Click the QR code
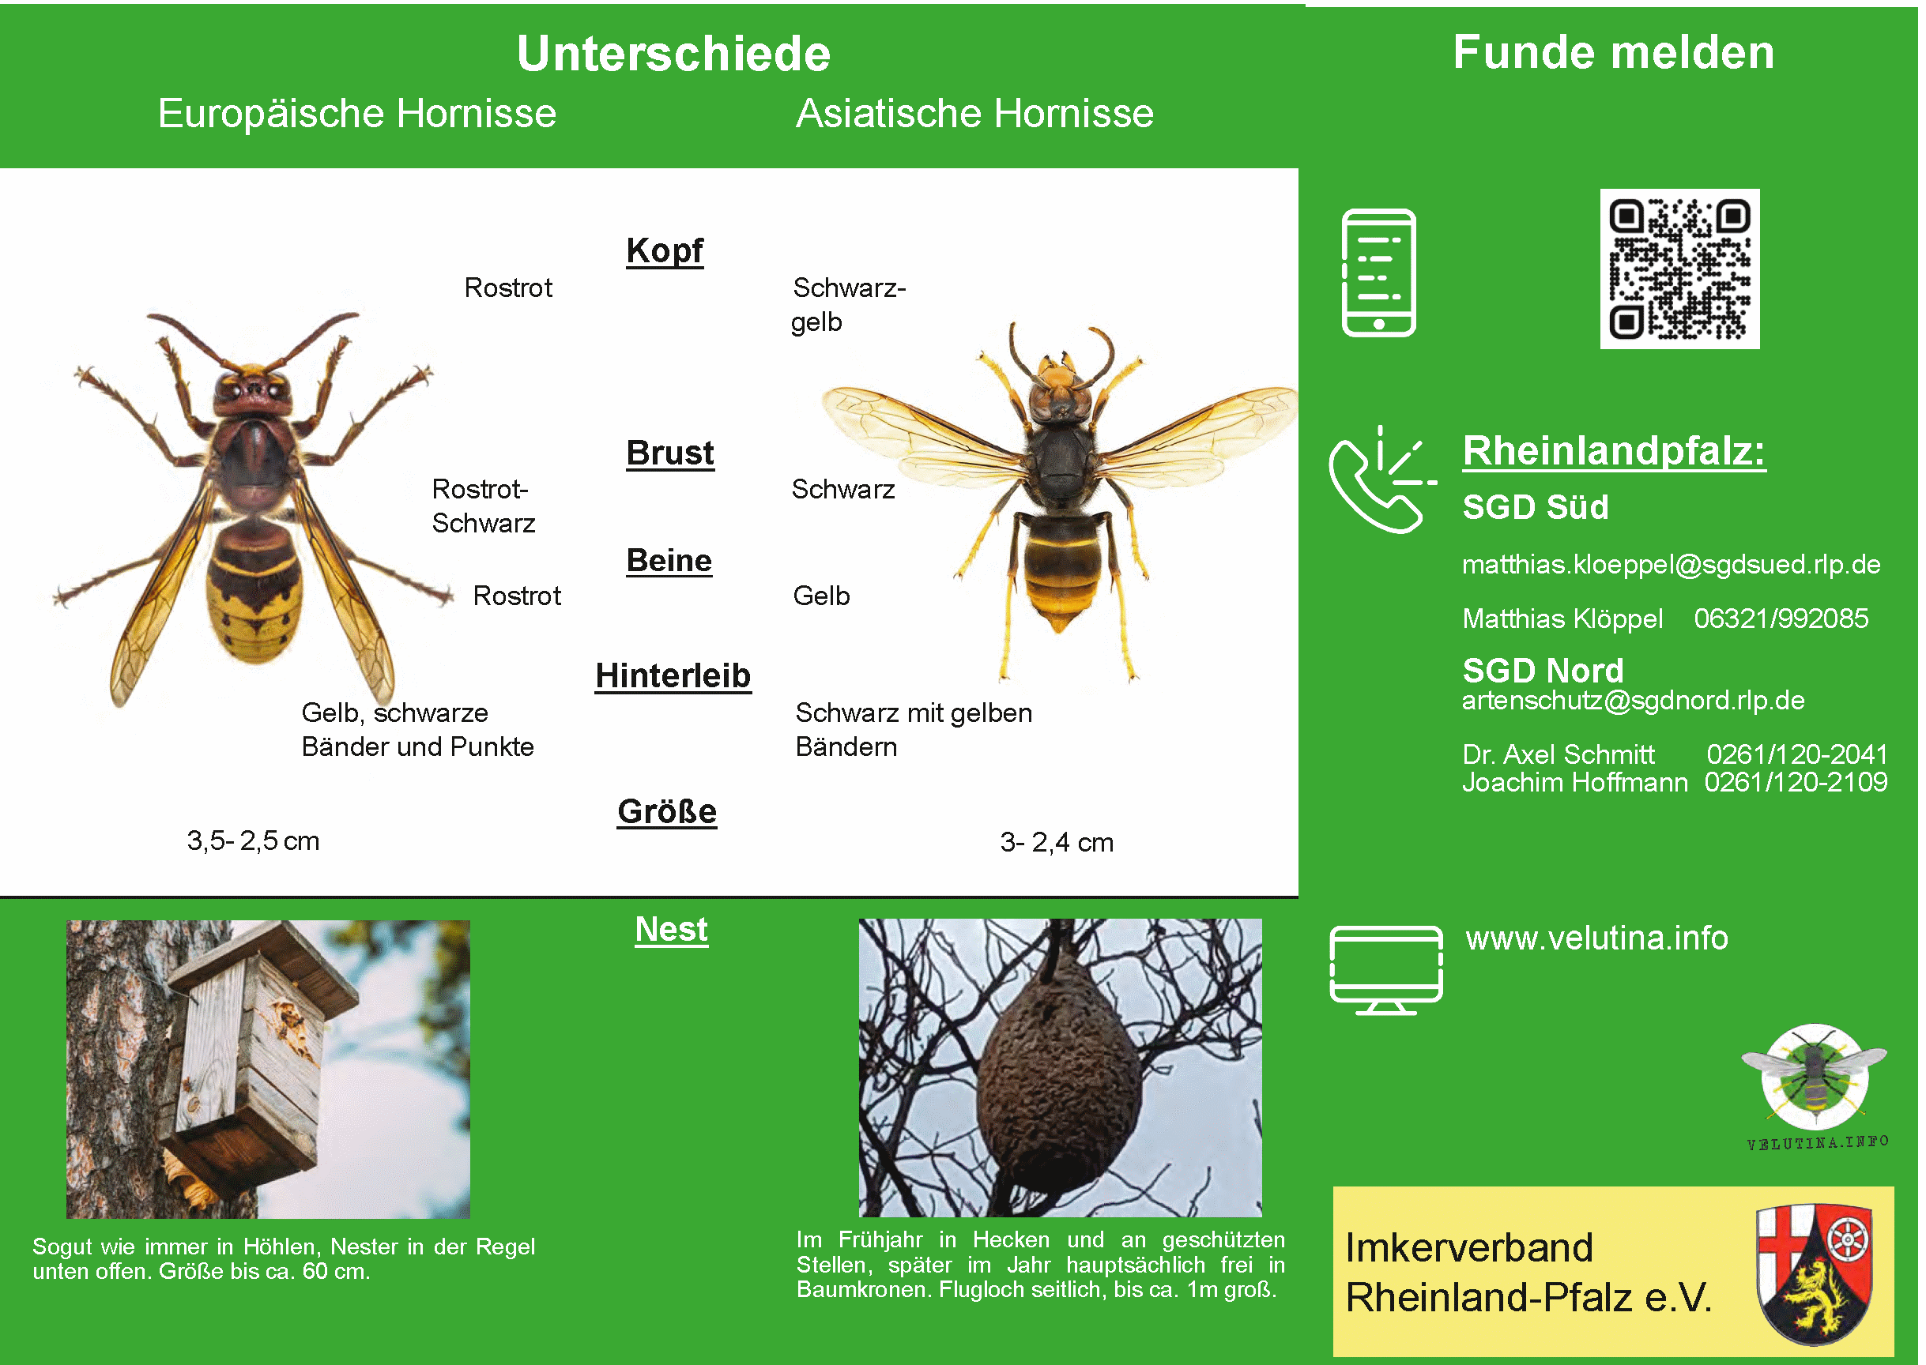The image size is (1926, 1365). [1679, 269]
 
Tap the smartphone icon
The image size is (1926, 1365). [1379, 273]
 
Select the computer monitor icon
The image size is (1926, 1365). [1385, 970]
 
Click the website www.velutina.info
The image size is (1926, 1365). [1596, 938]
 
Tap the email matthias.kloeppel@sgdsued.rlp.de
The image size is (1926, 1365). [1671, 564]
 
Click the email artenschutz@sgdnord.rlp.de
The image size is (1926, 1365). [1633, 700]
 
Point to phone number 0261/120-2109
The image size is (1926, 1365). [1796, 782]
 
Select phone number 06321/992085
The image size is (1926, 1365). [1781, 619]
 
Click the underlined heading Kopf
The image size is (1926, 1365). [665, 251]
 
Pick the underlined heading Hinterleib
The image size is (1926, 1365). [673, 675]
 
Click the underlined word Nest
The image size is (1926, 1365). [671, 930]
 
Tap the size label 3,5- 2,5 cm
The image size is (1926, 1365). [253, 840]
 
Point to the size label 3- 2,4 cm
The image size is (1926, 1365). [1057, 842]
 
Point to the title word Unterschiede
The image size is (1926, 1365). [673, 54]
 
